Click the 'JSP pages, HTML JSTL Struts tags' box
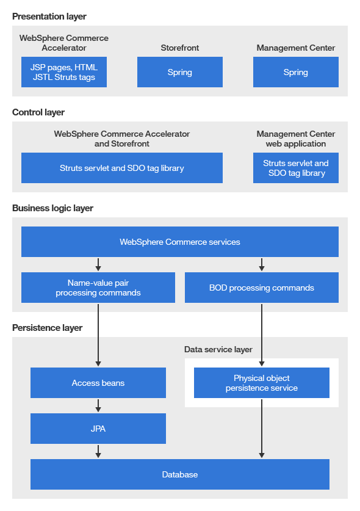pos(63,72)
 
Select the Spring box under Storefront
pos(179,72)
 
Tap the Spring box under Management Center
pos(295,72)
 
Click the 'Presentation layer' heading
pos(49,16)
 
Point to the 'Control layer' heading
pos(38,112)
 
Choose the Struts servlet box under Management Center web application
pos(295,168)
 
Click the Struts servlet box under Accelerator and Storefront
pos(121,168)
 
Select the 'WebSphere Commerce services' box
pos(179,242)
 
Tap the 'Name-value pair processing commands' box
pos(98,288)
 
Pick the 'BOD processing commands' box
pos(261,288)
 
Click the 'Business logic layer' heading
pos(52,208)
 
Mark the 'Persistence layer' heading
pos(47,328)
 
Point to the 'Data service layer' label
pos(218,349)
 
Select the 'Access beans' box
pos(98,383)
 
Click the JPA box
pos(98,429)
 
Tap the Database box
pos(179,474)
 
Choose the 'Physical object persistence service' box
pos(261,383)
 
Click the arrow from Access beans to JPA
pos(98,405)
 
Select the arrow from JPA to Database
pos(98,451)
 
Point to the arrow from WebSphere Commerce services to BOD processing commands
pos(262,264)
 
